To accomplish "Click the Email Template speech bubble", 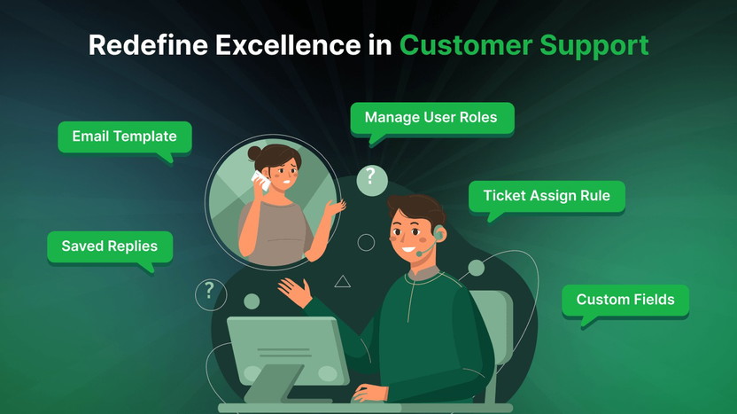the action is (x=125, y=137).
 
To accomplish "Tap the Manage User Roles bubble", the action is (x=432, y=118).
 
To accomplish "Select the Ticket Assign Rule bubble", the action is (x=547, y=196).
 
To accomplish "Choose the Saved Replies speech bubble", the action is (x=110, y=246).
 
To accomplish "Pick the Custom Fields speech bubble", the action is (x=625, y=301).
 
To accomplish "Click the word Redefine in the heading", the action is (x=148, y=45).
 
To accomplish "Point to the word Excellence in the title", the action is (x=288, y=45).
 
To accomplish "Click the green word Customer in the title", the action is (x=466, y=45).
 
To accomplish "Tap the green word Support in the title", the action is (x=594, y=47).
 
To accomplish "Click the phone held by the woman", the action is (x=260, y=181).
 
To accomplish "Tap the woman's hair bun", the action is (x=254, y=152).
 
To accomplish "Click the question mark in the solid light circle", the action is (x=371, y=176).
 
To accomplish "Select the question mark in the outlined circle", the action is (x=210, y=289).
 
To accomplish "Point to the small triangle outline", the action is (x=342, y=281).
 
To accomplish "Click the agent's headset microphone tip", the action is (x=419, y=254).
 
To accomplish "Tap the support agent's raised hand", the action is (x=295, y=292).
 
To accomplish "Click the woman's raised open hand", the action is (x=336, y=207).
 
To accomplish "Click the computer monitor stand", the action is (x=273, y=384).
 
